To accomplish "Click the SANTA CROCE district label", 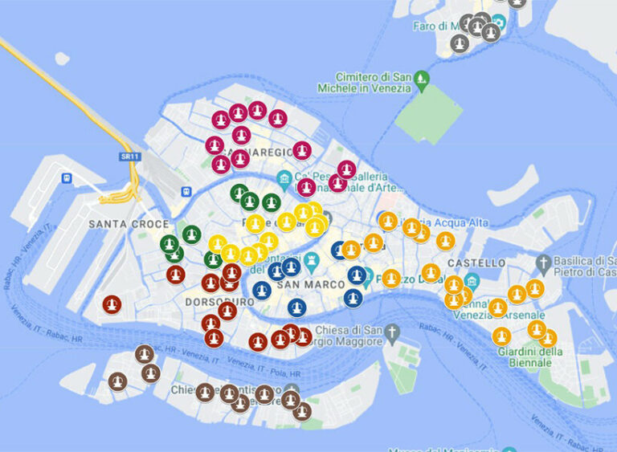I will click(129, 224).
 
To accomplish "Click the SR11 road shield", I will click(125, 156).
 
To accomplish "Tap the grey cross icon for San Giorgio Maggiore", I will click(392, 332).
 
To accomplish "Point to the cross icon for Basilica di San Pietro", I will click(544, 262).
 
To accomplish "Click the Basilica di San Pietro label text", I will click(583, 266).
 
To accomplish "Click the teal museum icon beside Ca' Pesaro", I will click(283, 177).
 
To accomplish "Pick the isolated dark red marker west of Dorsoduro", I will click(112, 304).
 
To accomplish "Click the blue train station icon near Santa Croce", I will click(186, 192).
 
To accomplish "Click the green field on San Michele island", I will click(428, 112).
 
